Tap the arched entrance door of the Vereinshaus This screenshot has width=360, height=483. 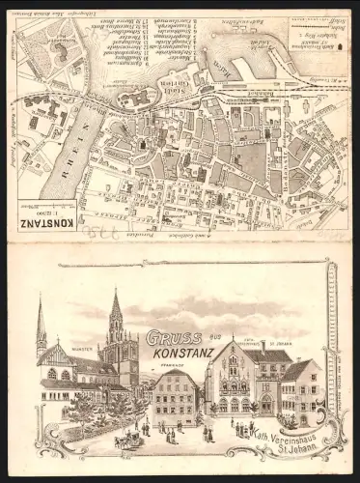pos(265,403)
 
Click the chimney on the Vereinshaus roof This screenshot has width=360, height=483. pos(263,345)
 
